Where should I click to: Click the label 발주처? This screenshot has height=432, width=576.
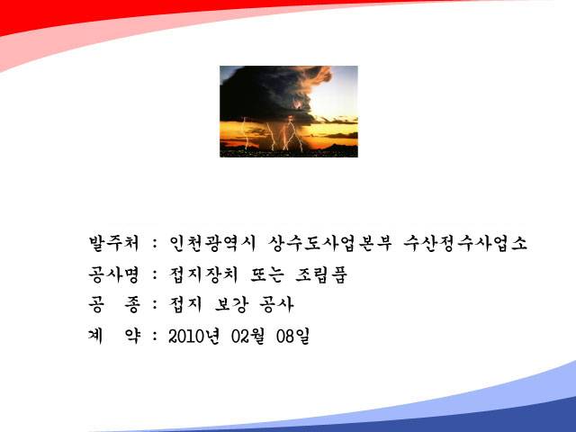coord(114,243)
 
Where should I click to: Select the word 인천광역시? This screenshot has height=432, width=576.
coord(212,243)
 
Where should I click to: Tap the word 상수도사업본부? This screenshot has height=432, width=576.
coord(330,243)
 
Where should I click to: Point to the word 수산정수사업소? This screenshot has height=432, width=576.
coord(465,243)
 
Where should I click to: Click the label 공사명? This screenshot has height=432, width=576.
coord(114,274)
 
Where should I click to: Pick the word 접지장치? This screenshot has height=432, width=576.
coord(203,274)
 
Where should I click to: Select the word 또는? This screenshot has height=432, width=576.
coord(267,274)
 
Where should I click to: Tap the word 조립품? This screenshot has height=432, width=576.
coord(321,274)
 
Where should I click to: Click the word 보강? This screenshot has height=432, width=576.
coord(231,304)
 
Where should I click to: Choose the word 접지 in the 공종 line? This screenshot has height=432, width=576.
coord(185,304)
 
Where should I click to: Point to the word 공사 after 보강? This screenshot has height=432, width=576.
coord(276,304)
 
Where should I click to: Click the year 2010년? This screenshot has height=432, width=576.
coord(194,336)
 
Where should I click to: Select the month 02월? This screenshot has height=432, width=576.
coord(248,336)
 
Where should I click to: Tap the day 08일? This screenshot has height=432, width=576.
coord(292,336)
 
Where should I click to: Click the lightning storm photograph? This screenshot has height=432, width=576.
coord(289,112)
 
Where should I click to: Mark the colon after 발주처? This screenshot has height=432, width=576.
coord(155,244)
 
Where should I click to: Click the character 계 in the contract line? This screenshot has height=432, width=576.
coord(95,336)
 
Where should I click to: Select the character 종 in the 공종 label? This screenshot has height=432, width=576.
coord(132,304)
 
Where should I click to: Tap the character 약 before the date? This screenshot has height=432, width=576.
coord(132,336)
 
